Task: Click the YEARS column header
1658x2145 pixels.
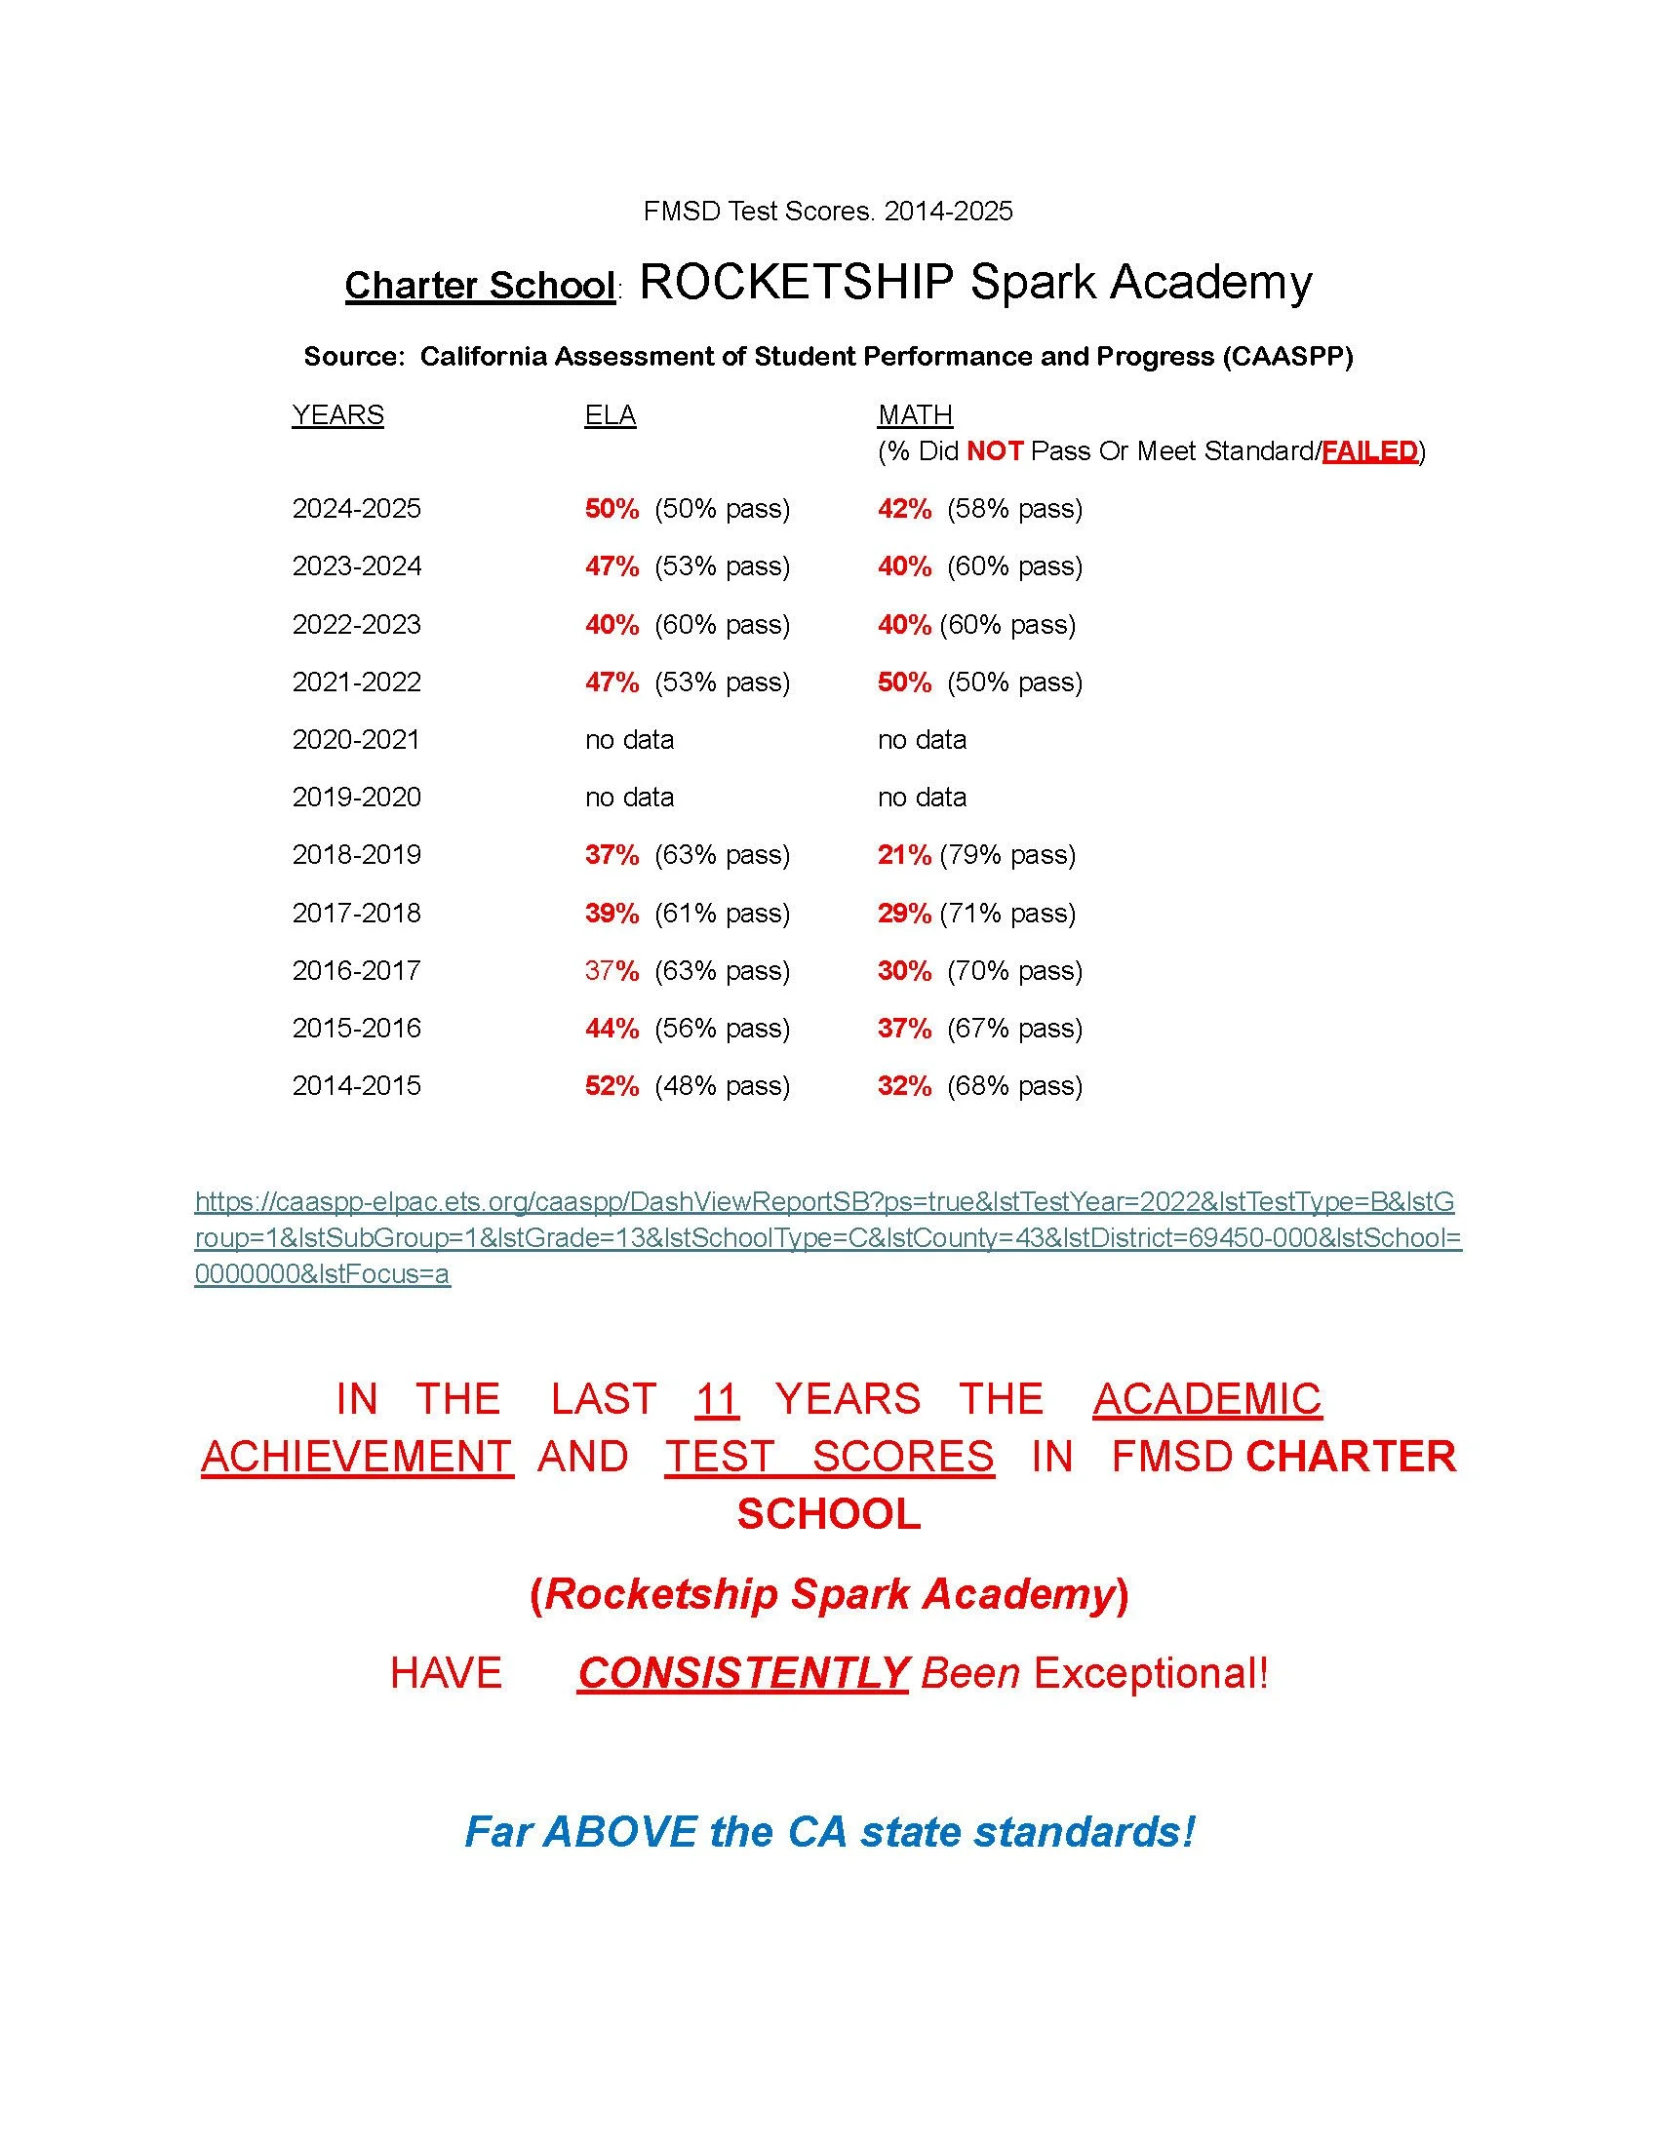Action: click(x=337, y=415)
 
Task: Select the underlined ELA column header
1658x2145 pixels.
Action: click(x=610, y=415)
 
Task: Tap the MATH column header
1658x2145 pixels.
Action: click(x=915, y=415)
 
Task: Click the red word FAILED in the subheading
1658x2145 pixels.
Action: click(x=1370, y=451)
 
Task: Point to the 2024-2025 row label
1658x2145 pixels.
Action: click(x=357, y=509)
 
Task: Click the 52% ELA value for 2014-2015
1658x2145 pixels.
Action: click(x=612, y=1086)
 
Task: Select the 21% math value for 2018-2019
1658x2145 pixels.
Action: click(x=904, y=855)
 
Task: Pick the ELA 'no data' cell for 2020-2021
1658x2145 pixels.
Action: click(x=630, y=740)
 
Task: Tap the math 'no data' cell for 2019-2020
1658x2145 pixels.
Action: click(x=923, y=798)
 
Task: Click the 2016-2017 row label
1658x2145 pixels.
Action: click(x=357, y=971)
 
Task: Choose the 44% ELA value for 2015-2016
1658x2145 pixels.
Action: click(x=612, y=1029)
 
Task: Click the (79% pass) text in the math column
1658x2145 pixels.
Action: click(x=1007, y=855)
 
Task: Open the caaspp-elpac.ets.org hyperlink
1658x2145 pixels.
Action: click(x=825, y=1238)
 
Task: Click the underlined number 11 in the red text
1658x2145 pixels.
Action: click(x=716, y=1399)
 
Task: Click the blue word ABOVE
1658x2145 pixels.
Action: click(x=619, y=1832)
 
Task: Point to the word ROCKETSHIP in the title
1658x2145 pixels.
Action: click(x=797, y=283)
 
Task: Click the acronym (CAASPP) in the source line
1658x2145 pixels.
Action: click(x=1287, y=357)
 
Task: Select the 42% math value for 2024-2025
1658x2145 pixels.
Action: click(x=905, y=509)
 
